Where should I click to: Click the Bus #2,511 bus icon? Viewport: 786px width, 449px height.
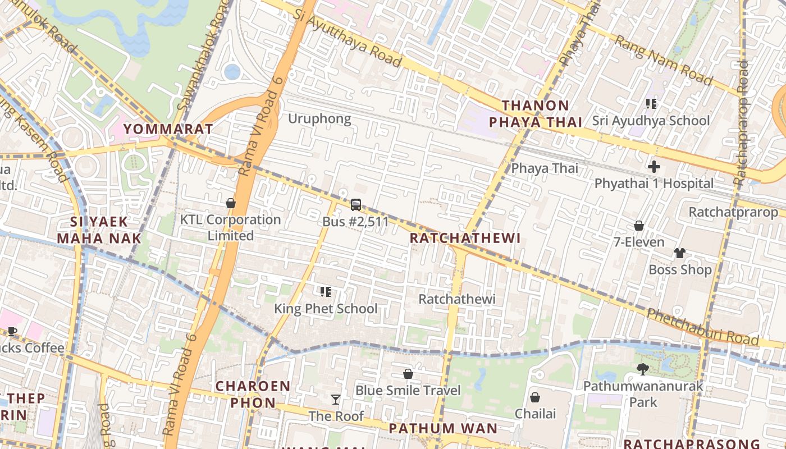[x=355, y=205]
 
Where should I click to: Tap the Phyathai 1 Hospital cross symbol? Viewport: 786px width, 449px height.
[x=654, y=167]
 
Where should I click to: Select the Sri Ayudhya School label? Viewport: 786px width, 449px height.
[x=651, y=121]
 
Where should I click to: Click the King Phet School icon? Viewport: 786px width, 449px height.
[x=325, y=291]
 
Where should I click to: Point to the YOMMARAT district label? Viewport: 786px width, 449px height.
[x=168, y=129]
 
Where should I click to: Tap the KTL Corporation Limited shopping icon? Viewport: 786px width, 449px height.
[x=230, y=203]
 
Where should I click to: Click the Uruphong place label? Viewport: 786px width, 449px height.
[x=319, y=118]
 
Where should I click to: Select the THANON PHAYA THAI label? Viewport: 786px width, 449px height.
[x=535, y=114]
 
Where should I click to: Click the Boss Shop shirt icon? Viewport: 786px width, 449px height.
[x=679, y=253]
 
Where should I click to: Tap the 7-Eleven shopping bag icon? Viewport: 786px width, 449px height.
[x=638, y=226]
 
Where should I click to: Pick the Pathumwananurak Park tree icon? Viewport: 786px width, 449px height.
[x=642, y=369]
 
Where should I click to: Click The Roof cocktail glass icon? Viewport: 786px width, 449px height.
[x=335, y=399]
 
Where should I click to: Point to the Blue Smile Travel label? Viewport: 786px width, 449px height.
[x=408, y=390]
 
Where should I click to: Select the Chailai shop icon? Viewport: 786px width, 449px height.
[x=535, y=397]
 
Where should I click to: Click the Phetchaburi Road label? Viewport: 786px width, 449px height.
[x=703, y=328]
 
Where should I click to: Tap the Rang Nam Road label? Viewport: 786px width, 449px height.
[x=662, y=60]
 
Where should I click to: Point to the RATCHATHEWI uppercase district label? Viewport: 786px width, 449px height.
[x=465, y=238]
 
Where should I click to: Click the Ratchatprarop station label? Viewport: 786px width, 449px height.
[x=733, y=212]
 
